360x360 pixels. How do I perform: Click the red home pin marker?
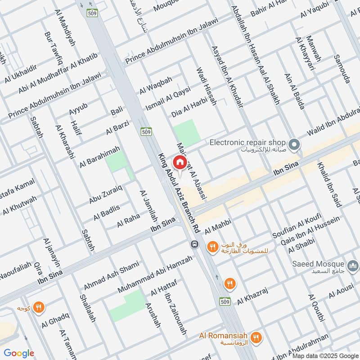click(180, 162)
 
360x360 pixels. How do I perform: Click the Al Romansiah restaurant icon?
click(256, 337)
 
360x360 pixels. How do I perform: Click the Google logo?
click(19, 353)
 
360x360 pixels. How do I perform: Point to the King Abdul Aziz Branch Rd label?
click(178, 193)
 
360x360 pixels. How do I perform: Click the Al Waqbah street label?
click(156, 85)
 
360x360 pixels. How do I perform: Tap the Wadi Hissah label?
click(206, 86)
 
